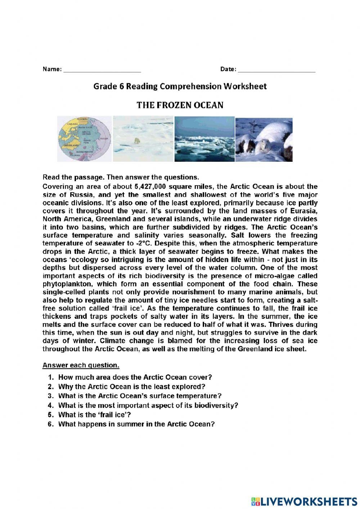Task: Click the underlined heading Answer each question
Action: coord(81,365)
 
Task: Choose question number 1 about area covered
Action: coord(51,378)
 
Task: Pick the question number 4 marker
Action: coord(51,406)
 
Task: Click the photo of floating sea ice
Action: coord(204,139)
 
